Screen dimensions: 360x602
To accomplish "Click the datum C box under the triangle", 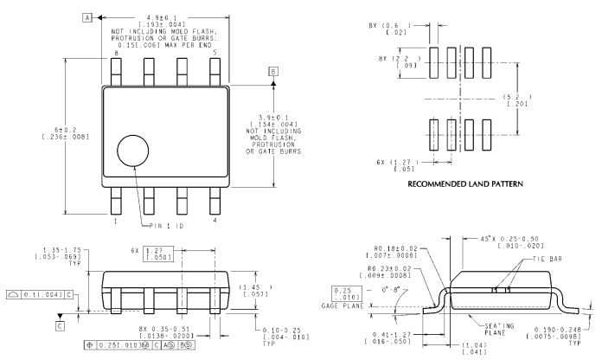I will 60,325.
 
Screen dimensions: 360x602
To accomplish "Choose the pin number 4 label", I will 215,222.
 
